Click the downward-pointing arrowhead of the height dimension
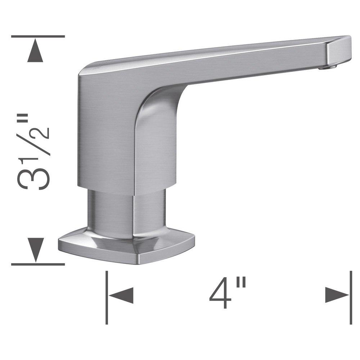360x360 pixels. pos(35,249)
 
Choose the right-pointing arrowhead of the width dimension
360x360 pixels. pos(337,296)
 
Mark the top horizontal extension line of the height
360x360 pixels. pos(38,36)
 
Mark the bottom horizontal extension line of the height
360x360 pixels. pos(38,265)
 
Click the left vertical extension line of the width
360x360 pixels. pos(107,297)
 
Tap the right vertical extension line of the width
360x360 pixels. pos(351,297)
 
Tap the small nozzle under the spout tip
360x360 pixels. pos(331,66)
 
